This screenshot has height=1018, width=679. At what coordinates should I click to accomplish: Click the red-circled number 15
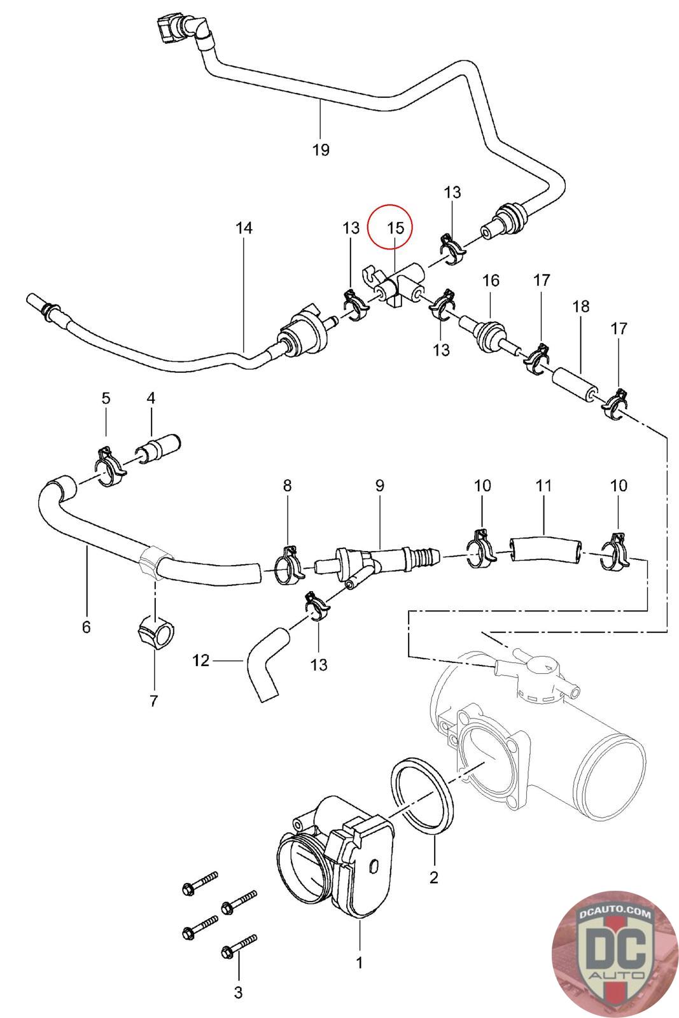pyautogui.click(x=396, y=227)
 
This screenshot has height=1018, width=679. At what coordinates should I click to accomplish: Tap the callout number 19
pyautogui.click(x=321, y=150)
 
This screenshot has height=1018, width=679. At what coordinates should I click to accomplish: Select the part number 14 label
pyautogui.click(x=244, y=228)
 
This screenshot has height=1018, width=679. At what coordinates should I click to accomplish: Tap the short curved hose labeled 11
pyautogui.click(x=545, y=548)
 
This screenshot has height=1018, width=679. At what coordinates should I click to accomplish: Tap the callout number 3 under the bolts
pyautogui.click(x=238, y=992)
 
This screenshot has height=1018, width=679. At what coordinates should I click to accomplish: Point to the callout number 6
pyautogui.click(x=87, y=627)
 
